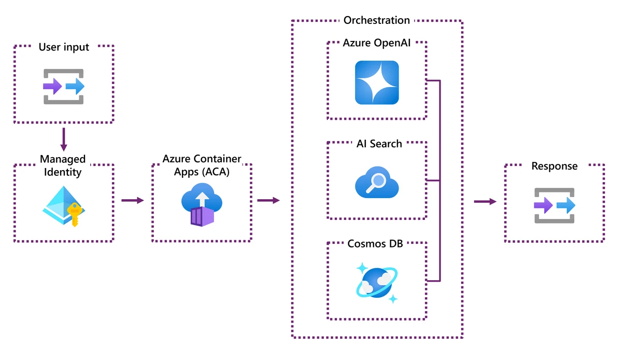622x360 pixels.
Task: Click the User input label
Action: point(64,47)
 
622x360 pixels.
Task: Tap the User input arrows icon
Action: point(64,86)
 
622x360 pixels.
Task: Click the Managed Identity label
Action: point(63,165)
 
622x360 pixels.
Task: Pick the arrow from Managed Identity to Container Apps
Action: point(133,200)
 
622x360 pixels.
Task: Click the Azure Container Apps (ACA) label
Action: point(202,165)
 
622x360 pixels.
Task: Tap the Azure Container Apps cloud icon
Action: point(202,200)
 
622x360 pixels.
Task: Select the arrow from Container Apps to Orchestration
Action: point(268,200)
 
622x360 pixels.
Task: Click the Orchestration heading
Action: point(377,20)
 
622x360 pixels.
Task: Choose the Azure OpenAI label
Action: point(377,43)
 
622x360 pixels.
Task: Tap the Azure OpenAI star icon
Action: point(377,82)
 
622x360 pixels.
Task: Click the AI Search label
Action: point(379,144)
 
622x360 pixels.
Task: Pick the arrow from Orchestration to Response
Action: point(485,201)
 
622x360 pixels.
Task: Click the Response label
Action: point(554,166)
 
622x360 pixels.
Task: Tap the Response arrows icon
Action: point(555,206)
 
